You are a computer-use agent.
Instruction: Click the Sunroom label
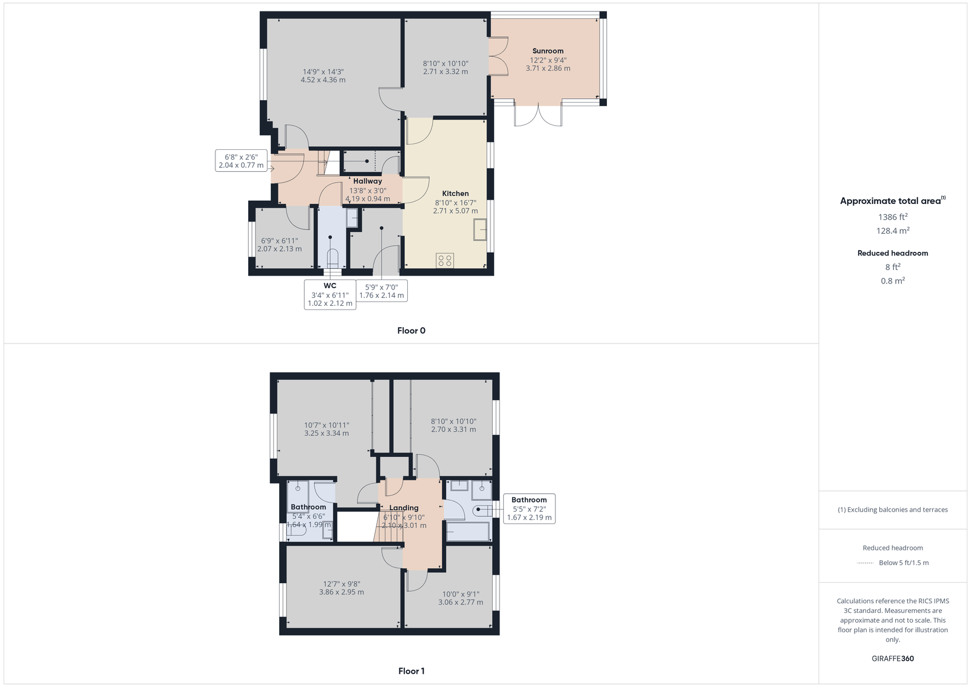click(548, 51)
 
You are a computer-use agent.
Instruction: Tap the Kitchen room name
click(455, 194)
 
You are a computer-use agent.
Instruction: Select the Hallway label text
click(367, 181)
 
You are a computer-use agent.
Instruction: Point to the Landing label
click(404, 507)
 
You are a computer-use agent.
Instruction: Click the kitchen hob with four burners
click(445, 260)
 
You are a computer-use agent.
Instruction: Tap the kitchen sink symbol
click(479, 230)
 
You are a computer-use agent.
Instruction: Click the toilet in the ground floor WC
click(332, 259)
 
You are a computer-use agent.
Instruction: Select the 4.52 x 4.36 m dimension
click(323, 80)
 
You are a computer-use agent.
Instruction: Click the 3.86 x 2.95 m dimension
click(342, 592)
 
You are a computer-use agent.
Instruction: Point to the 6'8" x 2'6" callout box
click(241, 161)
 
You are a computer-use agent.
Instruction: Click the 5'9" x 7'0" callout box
click(382, 291)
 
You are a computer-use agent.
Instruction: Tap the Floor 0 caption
click(411, 331)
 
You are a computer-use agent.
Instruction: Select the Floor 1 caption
click(411, 671)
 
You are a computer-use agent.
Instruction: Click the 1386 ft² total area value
click(893, 217)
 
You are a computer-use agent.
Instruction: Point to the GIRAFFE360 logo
click(893, 658)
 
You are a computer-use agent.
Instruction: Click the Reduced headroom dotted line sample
click(865, 563)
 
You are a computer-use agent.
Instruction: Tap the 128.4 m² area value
click(893, 231)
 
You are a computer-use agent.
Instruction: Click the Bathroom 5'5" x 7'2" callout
click(529, 509)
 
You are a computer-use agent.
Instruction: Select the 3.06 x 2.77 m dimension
click(461, 602)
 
